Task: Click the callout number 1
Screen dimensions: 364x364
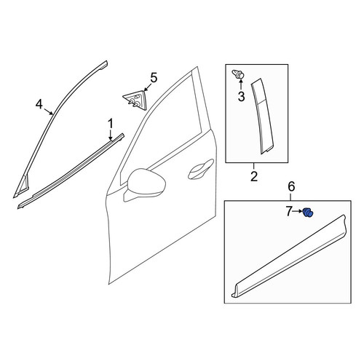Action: (111, 124)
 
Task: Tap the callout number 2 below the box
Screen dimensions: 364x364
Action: (254, 176)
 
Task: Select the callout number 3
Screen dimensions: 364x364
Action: (241, 97)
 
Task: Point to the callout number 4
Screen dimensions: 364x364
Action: (39, 104)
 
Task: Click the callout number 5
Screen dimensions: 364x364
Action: (154, 78)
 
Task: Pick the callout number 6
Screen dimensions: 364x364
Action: (291, 186)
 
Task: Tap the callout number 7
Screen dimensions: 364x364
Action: (288, 212)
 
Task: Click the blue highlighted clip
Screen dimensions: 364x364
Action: (308, 213)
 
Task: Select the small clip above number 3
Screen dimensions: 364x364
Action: (238, 74)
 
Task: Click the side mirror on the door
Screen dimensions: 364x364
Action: (145, 184)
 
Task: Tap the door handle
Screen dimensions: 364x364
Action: (200, 170)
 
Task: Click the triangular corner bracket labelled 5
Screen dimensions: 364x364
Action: (135, 100)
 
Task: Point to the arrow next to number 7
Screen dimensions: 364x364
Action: (297, 212)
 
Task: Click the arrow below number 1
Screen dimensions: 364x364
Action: (111, 135)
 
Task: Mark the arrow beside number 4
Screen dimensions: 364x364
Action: (48, 111)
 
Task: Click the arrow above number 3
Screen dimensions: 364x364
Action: (241, 85)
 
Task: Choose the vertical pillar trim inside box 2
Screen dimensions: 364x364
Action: (262, 116)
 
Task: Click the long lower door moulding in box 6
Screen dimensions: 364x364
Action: (289, 256)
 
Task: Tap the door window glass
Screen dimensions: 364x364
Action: (162, 129)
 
